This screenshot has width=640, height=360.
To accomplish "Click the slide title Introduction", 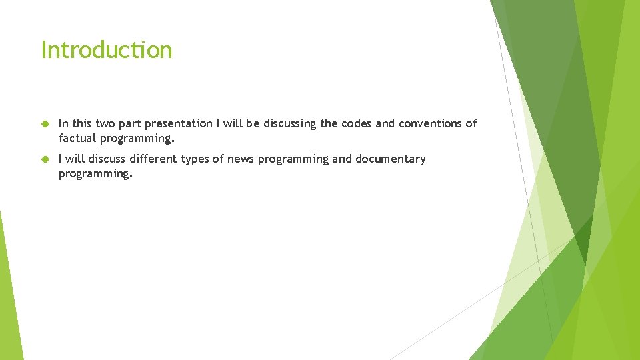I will coord(107,50).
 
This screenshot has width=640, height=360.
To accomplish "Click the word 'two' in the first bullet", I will coord(105,123).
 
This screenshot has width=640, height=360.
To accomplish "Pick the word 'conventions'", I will coord(431,123).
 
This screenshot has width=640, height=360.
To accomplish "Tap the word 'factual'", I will coord(77,139).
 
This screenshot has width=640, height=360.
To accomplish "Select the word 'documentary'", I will coord(390,159).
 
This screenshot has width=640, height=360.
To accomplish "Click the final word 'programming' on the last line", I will coord(95,174).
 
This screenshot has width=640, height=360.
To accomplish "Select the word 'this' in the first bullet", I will coord(82,123).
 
